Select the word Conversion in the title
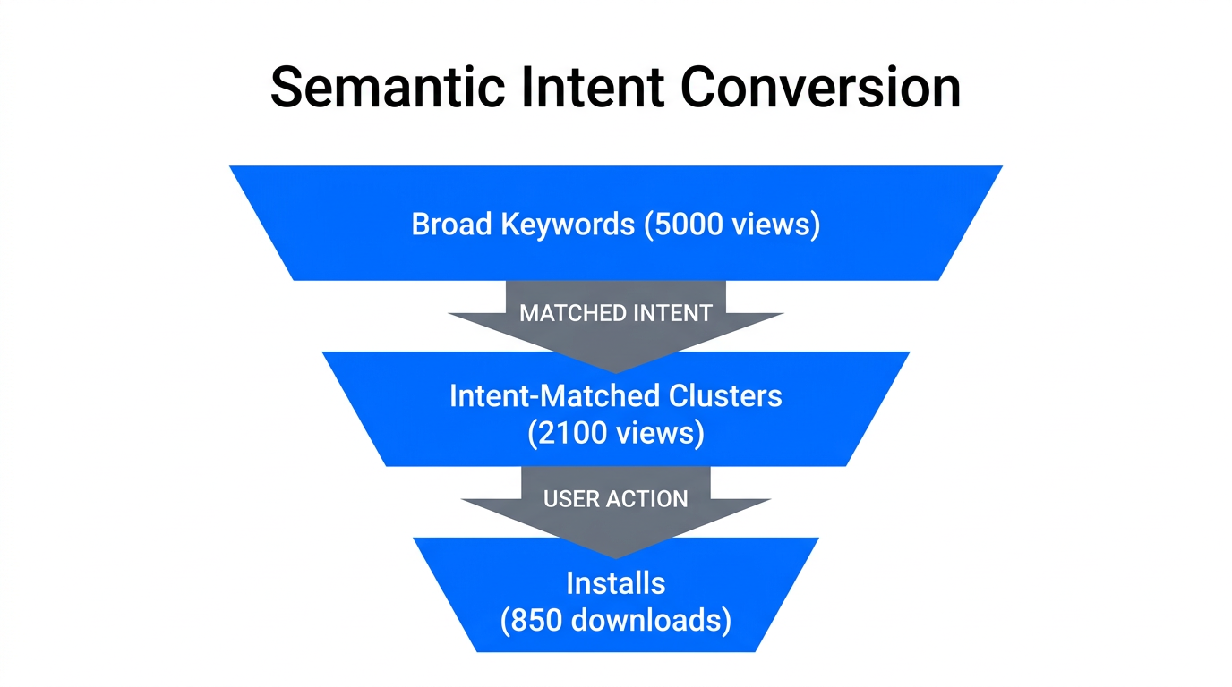[x=820, y=88]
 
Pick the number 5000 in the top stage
[x=689, y=224]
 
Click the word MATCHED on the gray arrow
[x=573, y=313]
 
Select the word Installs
[x=616, y=583]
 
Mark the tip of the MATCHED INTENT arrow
[x=616, y=370]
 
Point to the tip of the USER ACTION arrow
[x=616, y=556]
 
